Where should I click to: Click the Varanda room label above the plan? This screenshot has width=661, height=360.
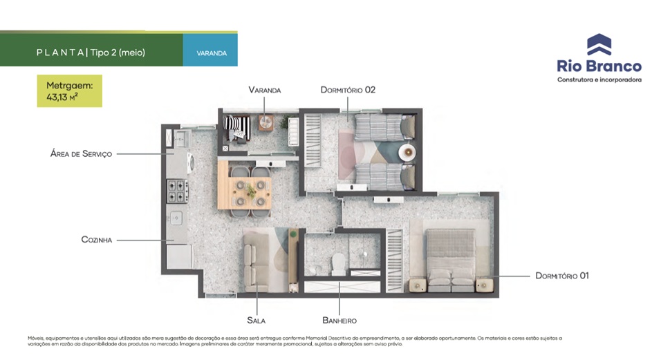tap(264, 90)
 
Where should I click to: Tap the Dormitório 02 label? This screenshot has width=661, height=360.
tap(348, 90)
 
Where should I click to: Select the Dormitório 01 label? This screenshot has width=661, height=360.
tap(562, 276)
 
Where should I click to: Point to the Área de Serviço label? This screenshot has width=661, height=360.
tap(81, 153)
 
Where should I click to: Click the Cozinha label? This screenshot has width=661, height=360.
tap(97, 240)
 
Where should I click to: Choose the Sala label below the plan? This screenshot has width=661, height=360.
tap(257, 321)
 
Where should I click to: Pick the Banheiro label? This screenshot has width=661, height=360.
tap(339, 321)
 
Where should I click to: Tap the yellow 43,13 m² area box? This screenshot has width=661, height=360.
tap(70, 91)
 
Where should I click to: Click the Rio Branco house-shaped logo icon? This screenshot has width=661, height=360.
tap(599, 45)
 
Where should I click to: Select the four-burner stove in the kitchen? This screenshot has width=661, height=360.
tap(178, 191)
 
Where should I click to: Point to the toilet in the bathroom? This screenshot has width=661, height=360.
tap(339, 264)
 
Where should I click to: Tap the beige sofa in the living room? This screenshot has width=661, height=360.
tap(257, 262)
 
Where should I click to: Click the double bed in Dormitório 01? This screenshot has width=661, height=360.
tap(451, 260)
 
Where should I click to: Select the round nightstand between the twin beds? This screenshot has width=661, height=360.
tap(407, 152)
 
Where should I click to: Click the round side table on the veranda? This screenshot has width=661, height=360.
tap(266, 122)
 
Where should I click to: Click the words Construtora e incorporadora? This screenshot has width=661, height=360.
tap(599, 79)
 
